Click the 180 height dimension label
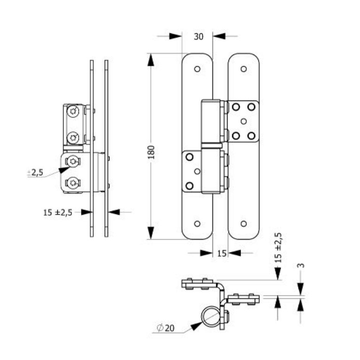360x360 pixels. click(151, 152)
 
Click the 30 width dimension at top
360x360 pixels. click(198, 37)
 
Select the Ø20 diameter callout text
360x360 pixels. click(165, 328)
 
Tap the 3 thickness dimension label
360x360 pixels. click(301, 266)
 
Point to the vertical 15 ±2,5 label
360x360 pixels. click(278, 248)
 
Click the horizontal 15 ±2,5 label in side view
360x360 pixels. click(58, 212)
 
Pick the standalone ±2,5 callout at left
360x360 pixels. click(35, 172)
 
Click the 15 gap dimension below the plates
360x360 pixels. click(222, 253)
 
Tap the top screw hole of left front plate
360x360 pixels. click(197, 69)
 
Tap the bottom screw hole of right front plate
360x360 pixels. click(243, 224)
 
